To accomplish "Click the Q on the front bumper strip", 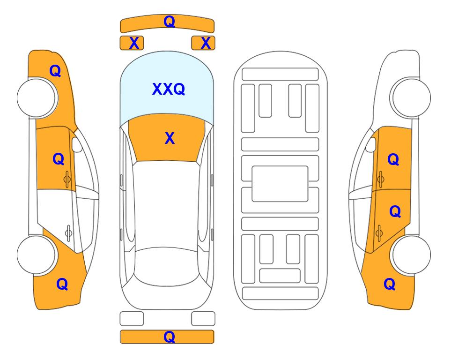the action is [x=170, y=22].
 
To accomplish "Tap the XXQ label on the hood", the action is [x=169, y=89].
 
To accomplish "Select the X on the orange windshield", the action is [x=170, y=138].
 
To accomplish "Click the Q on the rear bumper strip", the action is [x=170, y=337].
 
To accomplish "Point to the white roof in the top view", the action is [x=167, y=204].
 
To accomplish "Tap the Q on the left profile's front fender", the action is [x=55, y=71].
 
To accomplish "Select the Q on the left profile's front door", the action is [x=59, y=159].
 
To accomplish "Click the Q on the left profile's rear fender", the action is [x=62, y=284].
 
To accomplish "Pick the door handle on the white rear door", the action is [x=68, y=232].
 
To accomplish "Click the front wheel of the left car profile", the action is [x=37, y=98].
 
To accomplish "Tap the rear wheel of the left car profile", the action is [x=37, y=255].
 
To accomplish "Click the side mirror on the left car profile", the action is [x=77, y=144].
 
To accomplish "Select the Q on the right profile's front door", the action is [x=393, y=159].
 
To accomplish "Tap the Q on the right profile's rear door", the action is [x=395, y=211].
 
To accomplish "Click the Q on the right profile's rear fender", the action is [x=390, y=284].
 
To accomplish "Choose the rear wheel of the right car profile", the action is [x=411, y=255].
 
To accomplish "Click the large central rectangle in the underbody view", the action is [x=280, y=184].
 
